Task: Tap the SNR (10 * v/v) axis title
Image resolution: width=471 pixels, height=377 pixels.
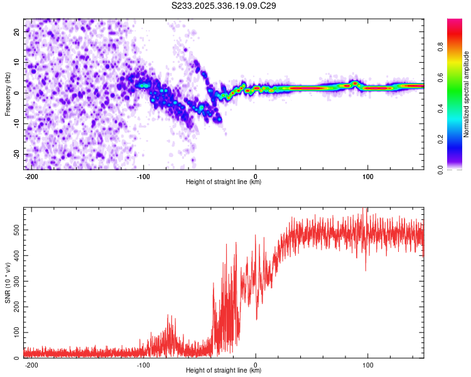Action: coord(8,283)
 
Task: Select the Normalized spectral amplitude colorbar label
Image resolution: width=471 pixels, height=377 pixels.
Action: coord(466,94)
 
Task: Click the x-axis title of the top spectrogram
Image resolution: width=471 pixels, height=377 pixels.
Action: coord(224,182)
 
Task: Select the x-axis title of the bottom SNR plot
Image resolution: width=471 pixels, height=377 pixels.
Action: coord(224,371)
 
